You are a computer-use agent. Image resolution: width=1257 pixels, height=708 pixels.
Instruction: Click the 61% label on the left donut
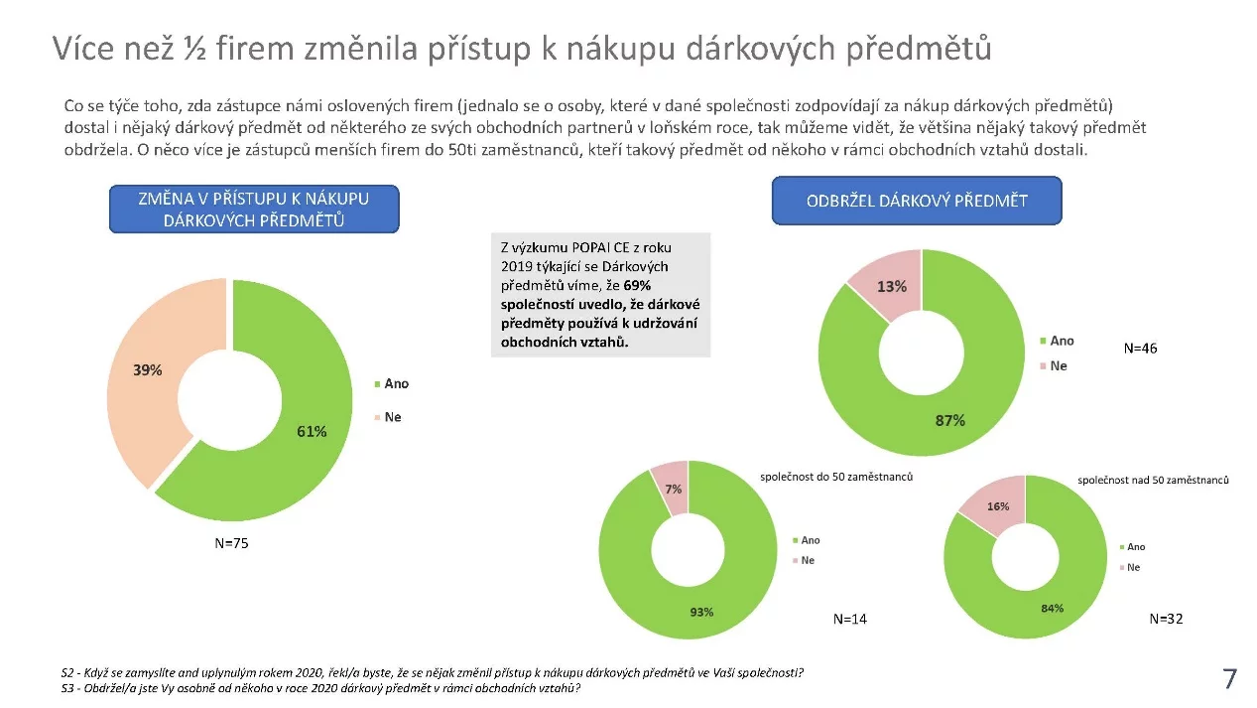[312, 431]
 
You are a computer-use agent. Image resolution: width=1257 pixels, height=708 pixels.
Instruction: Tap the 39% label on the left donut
[148, 369]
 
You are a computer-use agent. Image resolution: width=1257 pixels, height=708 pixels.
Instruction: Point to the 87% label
[949, 420]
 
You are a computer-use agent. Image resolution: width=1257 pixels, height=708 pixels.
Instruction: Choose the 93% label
[701, 611]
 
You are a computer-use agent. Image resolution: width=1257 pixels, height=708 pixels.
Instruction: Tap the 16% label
[997, 506]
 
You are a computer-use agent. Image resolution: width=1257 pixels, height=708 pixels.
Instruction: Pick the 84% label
[1052, 608]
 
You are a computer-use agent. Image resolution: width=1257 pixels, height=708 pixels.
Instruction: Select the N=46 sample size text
[1140, 349]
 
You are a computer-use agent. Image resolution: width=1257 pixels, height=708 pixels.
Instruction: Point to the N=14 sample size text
[849, 619]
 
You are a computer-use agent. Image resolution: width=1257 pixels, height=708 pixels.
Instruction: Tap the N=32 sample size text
[1166, 618]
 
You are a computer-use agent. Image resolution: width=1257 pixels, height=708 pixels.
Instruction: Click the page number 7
[1229, 679]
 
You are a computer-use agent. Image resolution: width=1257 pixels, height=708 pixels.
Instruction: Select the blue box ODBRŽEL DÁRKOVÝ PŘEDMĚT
[916, 201]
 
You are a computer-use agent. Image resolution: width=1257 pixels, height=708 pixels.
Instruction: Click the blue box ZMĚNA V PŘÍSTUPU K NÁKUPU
[254, 209]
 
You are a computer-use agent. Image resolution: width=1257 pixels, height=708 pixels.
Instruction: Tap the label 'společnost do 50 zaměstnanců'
[836, 477]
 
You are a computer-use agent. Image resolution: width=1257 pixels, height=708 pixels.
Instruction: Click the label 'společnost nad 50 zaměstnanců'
[1153, 480]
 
